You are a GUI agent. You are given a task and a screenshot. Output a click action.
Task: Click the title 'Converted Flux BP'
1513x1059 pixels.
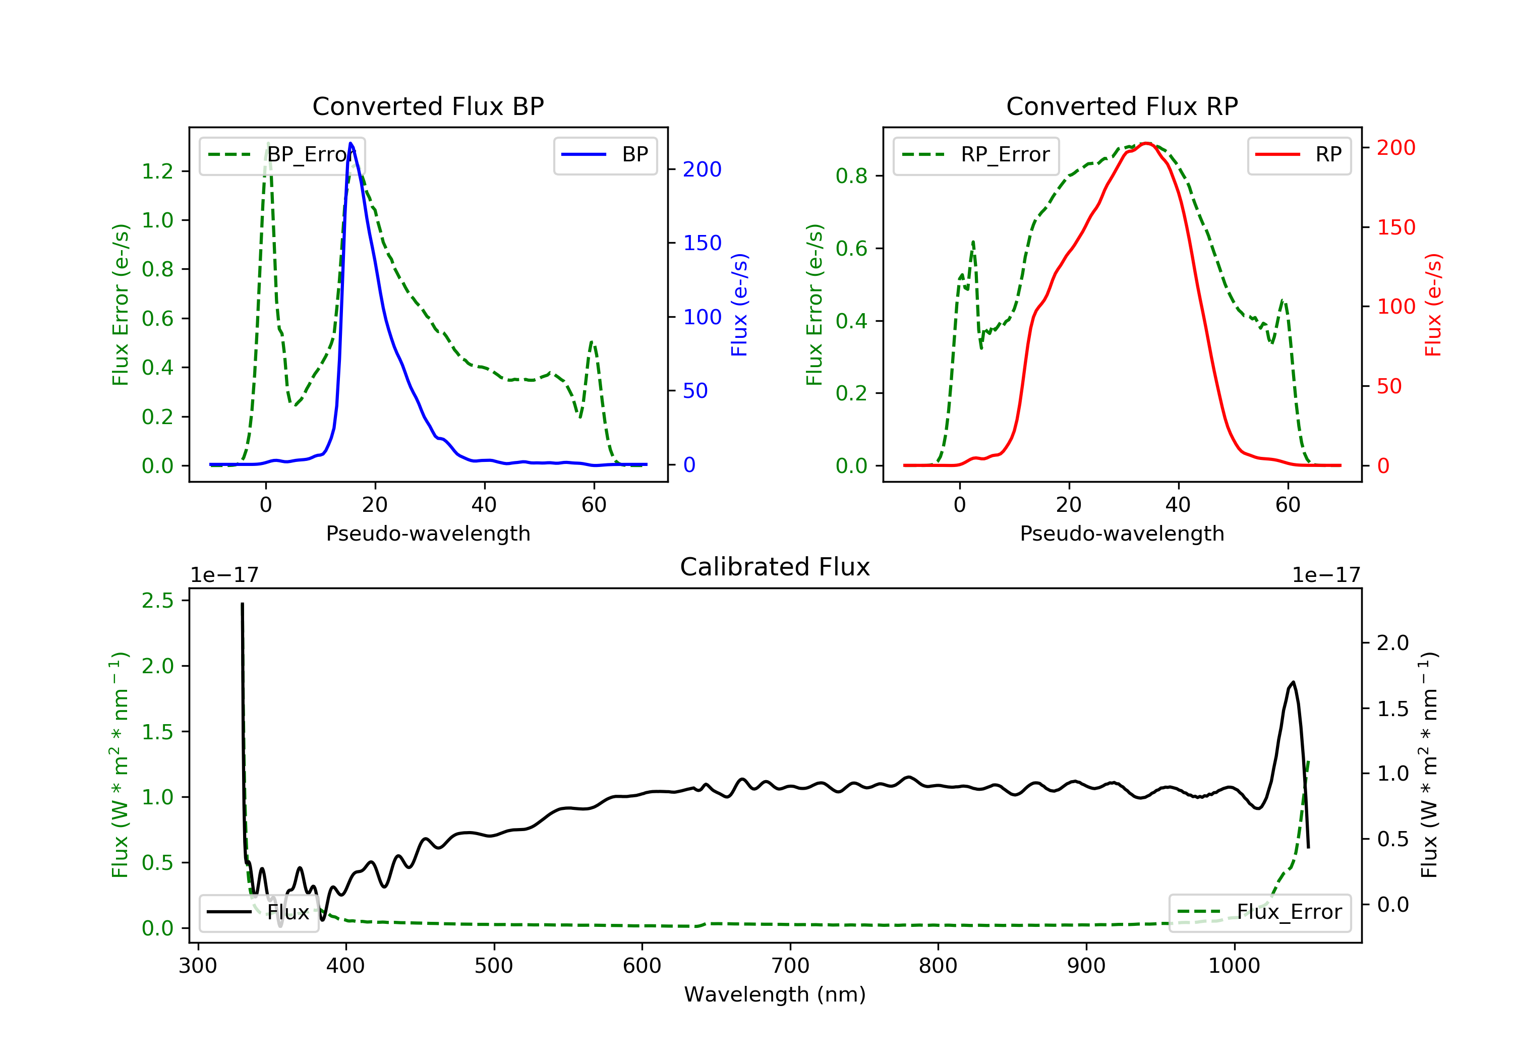(x=428, y=106)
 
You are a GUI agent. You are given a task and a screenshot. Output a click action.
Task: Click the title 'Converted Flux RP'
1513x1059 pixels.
(x=1122, y=106)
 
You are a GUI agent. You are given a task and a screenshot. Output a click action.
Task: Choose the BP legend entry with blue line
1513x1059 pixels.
(x=605, y=155)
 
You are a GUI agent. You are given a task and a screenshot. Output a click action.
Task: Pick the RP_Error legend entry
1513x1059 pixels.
(x=975, y=155)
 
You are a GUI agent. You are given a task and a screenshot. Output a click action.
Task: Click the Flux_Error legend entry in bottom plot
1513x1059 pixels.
(x=1259, y=912)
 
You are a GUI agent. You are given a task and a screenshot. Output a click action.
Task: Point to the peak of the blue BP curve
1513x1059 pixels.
(x=351, y=143)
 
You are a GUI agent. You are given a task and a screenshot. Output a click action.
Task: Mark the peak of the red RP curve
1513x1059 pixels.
(x=1147, y=143)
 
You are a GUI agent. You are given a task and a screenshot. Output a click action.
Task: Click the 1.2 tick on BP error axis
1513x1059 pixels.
(x=157, y=171)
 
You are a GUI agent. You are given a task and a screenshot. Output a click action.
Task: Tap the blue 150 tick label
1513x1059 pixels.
(x=702, y=243)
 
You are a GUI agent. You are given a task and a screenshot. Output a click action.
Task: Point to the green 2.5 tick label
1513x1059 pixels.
(x=157, y=600)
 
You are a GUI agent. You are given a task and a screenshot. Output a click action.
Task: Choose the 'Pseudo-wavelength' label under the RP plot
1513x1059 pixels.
(x=1122, y=533)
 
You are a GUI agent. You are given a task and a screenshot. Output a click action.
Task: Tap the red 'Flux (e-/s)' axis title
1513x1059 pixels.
(x=1433, y=305)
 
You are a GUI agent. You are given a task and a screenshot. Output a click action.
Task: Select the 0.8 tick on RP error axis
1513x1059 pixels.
(x=851, y=176)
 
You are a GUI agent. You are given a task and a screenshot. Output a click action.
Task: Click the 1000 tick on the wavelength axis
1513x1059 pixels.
(x=1234, y=966)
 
